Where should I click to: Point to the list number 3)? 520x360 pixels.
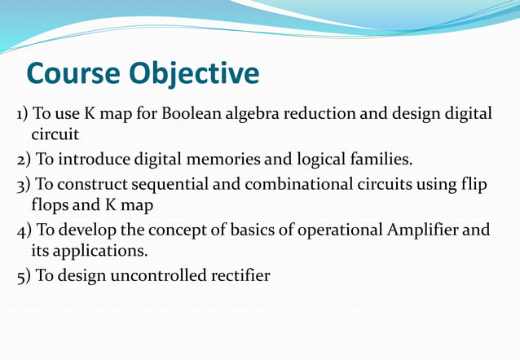[x=24, y=184]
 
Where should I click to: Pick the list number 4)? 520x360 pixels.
[x=24, y=230]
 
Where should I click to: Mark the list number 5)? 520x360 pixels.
[x=24, y=277]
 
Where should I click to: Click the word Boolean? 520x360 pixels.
[x=187, y=113]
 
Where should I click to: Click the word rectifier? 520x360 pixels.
[x=240, y=276]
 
